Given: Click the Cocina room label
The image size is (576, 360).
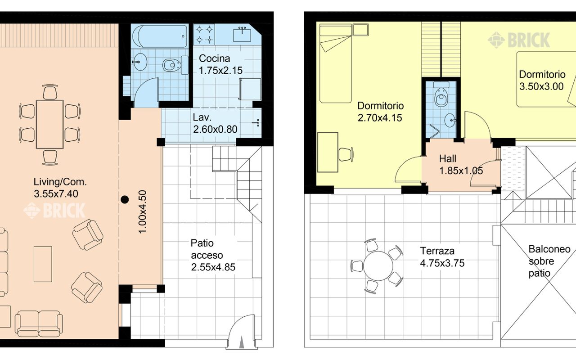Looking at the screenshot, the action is [x=215, y=58].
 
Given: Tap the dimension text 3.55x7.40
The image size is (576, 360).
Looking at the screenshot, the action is [x=56, y=194].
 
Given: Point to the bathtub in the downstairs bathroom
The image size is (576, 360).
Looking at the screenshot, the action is [x=160, y=36].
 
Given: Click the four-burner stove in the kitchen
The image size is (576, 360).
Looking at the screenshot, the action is [x=204, y=34].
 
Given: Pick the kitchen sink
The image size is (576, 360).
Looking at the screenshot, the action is [x=242, y=35].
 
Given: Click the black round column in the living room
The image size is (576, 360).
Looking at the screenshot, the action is [x=125, y=199].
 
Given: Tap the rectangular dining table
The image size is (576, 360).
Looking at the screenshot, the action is [x=49, y=125].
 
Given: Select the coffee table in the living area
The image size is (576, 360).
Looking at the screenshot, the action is [x=43, y=264].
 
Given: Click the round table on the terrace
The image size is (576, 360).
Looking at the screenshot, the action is [x=378, y=266].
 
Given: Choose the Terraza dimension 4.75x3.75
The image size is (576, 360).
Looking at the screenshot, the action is [x=442, y=263].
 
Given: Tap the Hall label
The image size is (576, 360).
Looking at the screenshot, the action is [x=448, y=159].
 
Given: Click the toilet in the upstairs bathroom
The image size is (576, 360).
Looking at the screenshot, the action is [x=441, y=94].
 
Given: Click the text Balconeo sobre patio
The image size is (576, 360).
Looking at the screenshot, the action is [x=549, y=261].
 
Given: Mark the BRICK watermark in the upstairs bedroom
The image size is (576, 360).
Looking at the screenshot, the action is [x=519, y=40].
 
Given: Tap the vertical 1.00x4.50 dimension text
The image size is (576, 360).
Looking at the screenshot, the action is [x=142, y=212].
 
